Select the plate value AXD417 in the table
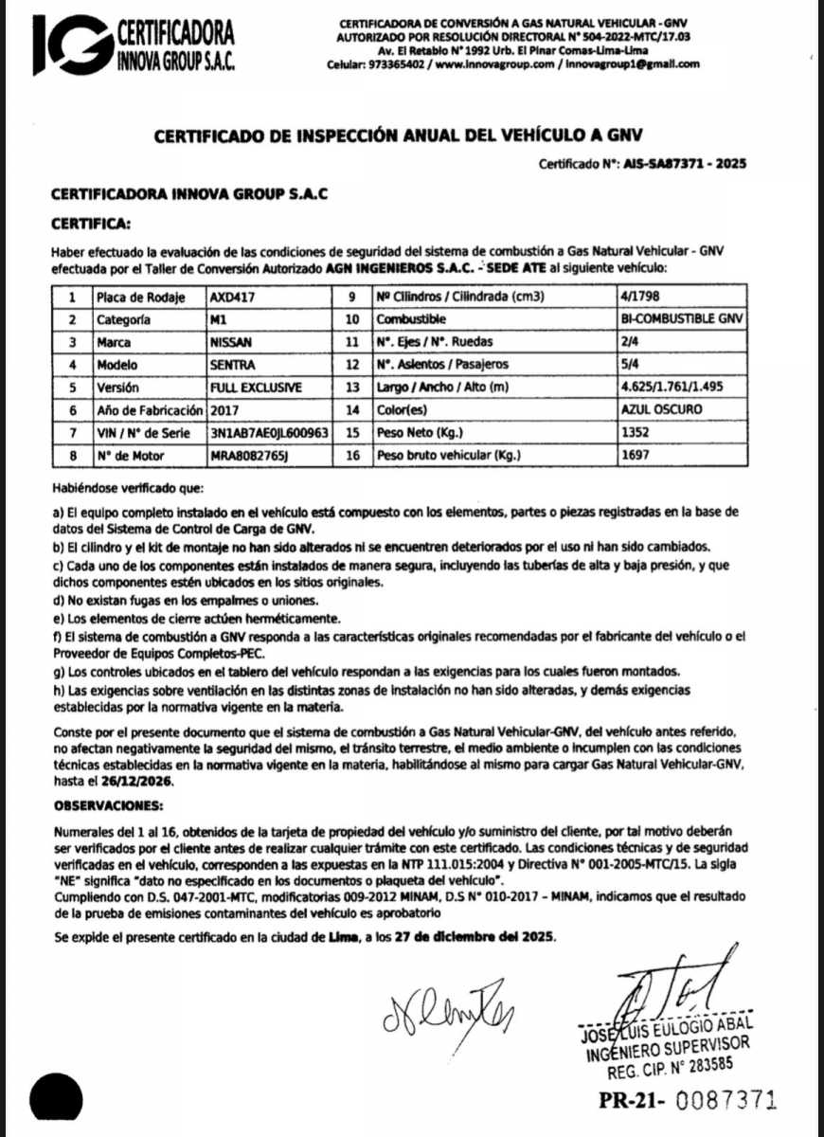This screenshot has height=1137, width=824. (x=232, y=297)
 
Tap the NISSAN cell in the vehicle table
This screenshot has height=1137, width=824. (x=232, y=341)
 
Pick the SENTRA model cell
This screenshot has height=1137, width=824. (x=232, y=364)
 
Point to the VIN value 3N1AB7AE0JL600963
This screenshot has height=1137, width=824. (x=270, y=433)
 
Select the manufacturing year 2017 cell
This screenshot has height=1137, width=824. (x=225, y=410)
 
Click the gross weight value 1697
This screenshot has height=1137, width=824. (x=635, y=456)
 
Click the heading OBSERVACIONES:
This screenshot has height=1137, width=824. (x=107, y=806)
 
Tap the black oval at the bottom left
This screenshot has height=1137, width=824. (x=56, y=1098)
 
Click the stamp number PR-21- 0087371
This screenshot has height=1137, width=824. (x=688, y=1101)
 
